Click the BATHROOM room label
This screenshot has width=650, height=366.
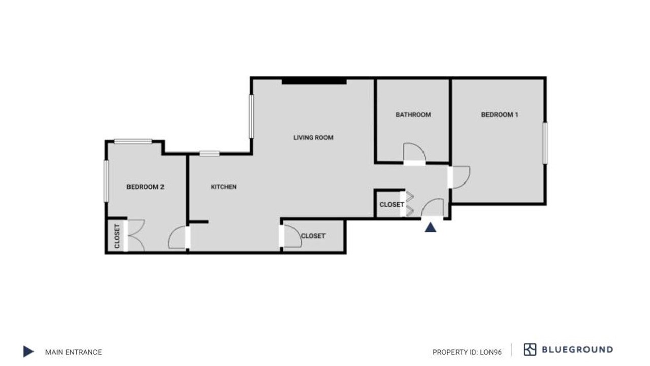click(x=413, y=115)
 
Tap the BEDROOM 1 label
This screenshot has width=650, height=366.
click(x=500, y=115)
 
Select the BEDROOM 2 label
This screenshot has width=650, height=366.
click(x=145, y=187)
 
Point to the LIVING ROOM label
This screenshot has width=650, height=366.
click(x=313, y=138)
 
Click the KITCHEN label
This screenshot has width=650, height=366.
click(x=224, y=187)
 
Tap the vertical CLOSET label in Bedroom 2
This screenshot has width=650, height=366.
click(x=117, y=236)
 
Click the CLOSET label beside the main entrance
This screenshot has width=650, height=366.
click(x=392, y=205)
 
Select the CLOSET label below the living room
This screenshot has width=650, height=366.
click(x=313, y=236)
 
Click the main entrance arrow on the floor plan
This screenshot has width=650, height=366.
click(x=430, y=227)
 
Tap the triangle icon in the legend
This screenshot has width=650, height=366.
click(x=28, y=351)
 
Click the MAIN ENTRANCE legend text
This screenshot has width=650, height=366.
click(x=74, y=352)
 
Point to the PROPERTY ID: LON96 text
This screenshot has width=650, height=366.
click(x=467, y=352)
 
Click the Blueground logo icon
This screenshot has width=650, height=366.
click(x=530, y=349)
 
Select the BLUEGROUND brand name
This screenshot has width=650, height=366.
click(x=577, y=349)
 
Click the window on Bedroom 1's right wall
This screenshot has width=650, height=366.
click(x=545, y=143)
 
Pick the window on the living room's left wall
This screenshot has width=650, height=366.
click(x=251, y=116)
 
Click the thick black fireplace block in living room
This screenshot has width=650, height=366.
click(x=314, y=82)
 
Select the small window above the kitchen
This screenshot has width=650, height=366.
click(x=210, y=154)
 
